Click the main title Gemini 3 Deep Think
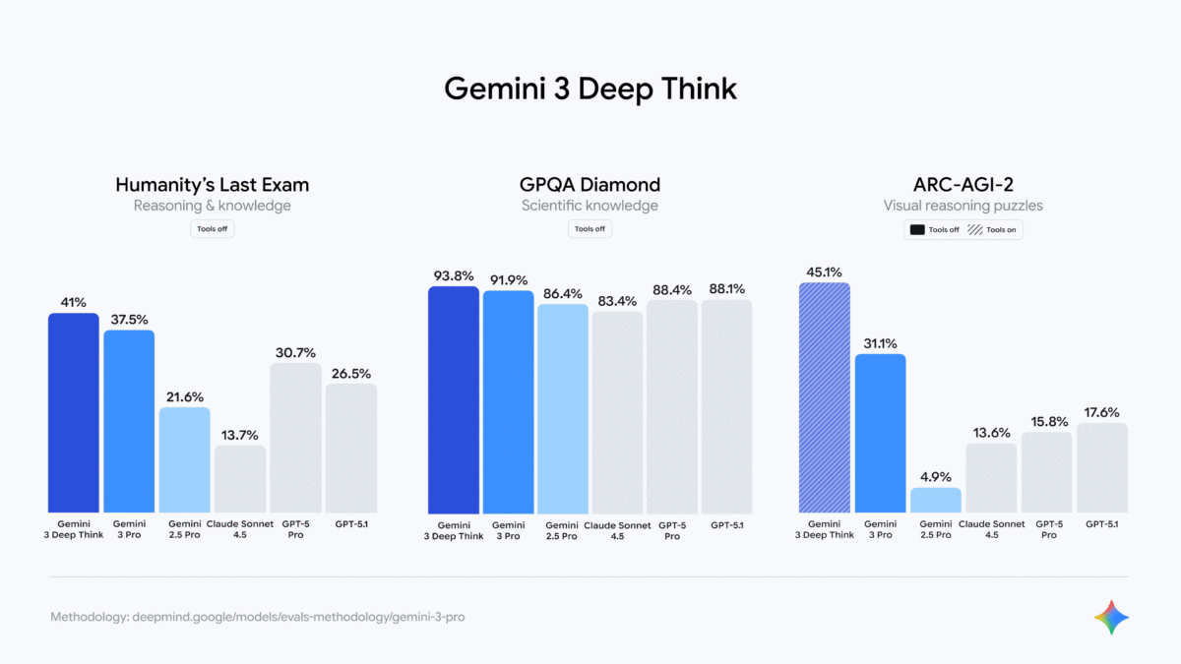pos(590,89)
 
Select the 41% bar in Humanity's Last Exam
pos(74,413)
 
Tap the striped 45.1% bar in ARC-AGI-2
pos(825,398)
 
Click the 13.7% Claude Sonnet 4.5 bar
pos(240,479)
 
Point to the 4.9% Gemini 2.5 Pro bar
pos(935,501)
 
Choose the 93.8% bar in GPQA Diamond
pos(454,400)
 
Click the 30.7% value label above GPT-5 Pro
pos(295,352)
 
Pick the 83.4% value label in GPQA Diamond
pos(617,300)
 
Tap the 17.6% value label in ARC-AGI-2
pos(1102,412)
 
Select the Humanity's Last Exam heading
pos(212,184)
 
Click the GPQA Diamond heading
pos(590,184)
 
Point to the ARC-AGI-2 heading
pos(963,184)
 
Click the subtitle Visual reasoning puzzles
pos(963,206)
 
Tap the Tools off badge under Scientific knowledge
pos(590,229)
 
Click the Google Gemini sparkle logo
pos(1111,617)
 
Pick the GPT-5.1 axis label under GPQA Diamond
pos(726,525)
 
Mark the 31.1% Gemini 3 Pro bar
pos(880,434)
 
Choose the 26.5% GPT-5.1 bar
pos(350,449)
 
